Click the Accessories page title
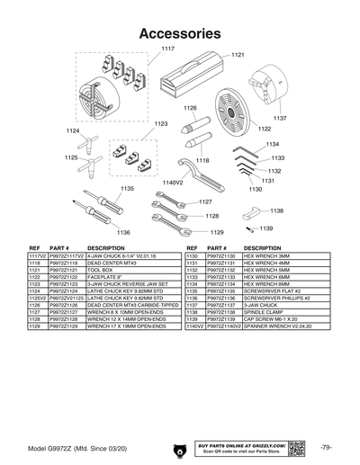pos(180,33)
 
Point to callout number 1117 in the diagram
pos(167,47)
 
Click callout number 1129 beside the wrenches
pos(216,232)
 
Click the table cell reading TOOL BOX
pos(101,269)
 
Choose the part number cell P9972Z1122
pos(66,276)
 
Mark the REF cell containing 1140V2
pos(194,325)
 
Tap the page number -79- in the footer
pos(326,447)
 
